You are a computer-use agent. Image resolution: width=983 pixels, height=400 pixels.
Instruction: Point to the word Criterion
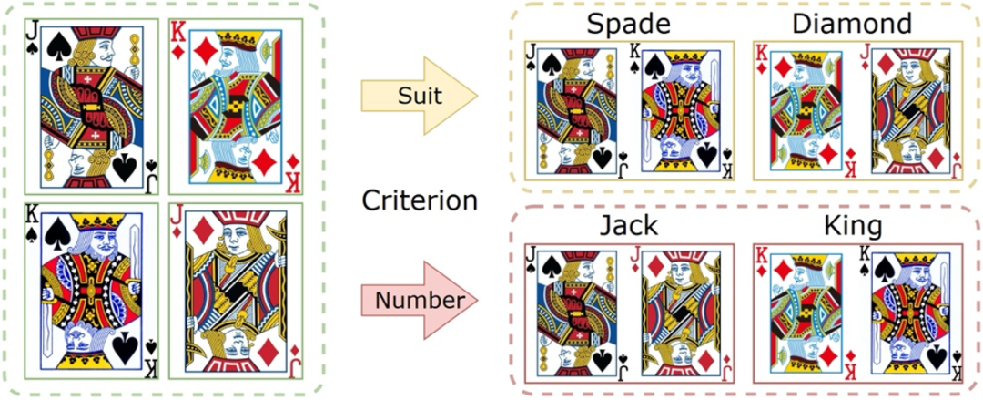(420, 201)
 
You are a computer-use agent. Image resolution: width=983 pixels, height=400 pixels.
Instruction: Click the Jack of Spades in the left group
(94, 107)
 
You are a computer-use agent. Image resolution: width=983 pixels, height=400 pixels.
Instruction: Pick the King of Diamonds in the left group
(236, 107)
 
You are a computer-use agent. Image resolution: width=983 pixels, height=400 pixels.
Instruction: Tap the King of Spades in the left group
(92, 291)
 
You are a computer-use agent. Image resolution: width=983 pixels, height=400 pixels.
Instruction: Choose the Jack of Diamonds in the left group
(236, 291)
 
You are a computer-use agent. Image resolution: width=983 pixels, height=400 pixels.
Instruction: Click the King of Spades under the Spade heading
(682, 111)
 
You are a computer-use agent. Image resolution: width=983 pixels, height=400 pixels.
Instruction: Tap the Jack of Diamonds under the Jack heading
(682, 313)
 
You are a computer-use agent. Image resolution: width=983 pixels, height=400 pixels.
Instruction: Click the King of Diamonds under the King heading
(806, 313)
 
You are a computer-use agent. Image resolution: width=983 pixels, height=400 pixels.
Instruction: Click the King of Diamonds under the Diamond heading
(806, 111)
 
